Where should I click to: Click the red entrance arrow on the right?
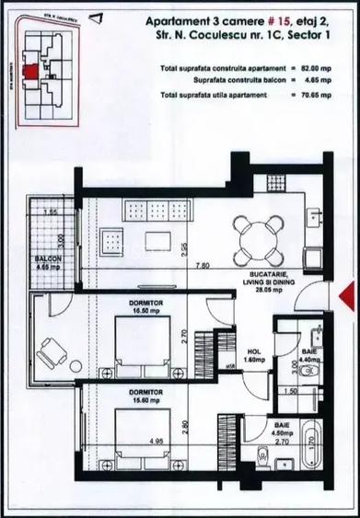pos(345,296)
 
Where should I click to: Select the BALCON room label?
pos(49,259)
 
